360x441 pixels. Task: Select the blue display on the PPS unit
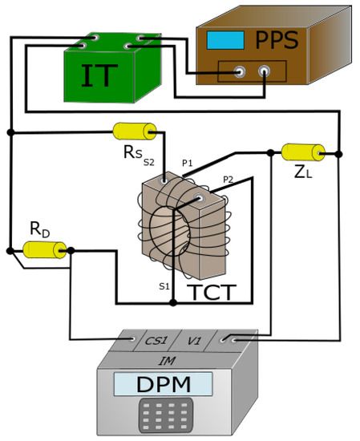pos(220,39)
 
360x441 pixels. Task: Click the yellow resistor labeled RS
pos(135,131)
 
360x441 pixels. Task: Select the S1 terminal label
pos(164,286)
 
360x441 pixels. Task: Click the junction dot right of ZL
pos(339,152)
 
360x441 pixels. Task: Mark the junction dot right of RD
pos(71,250)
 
